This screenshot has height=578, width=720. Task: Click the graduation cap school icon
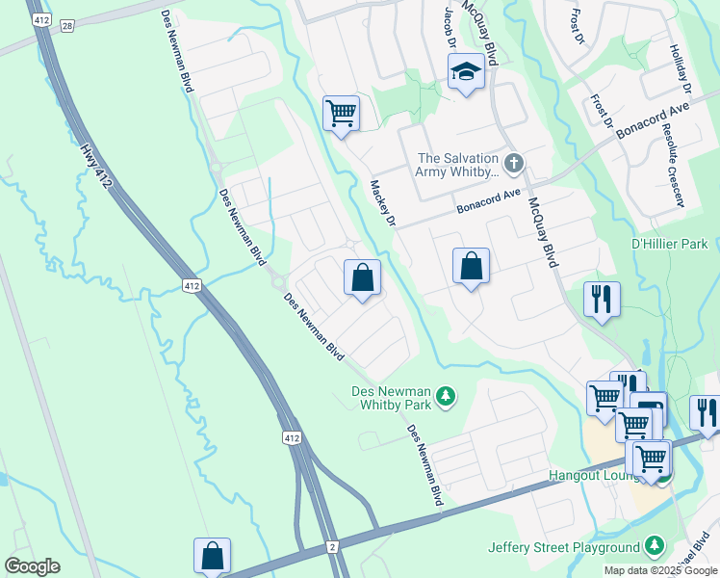tap(466, 71)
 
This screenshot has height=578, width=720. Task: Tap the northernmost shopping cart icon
tap(341, 113)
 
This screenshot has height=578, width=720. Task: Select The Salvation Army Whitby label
tap(458, 166)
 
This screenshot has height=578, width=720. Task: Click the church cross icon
tap(514, 162)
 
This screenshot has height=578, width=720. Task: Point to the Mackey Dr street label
tap(383, 204)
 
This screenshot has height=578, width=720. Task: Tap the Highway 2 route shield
tap(332, 547)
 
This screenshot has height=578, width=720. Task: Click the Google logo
tap(32, 566)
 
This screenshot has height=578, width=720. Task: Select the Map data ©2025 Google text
tap(660, 570)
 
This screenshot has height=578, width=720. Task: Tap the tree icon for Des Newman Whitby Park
tap(445, 396)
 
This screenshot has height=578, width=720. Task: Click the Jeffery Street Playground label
tap(564, 547)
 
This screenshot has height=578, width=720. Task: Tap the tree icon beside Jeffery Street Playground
tap(655, 546)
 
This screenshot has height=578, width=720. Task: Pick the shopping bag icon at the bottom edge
tap(212, 556)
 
